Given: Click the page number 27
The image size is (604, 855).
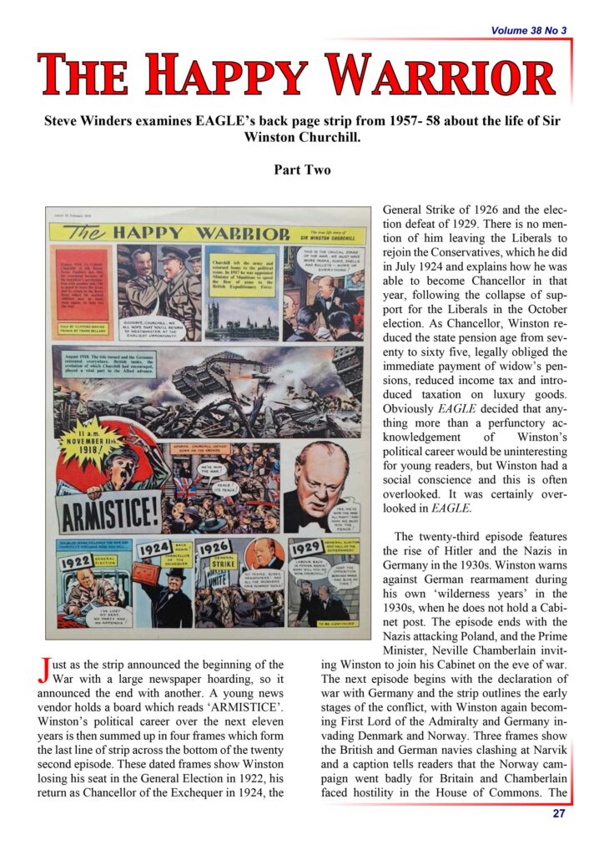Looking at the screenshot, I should tap(559, 814).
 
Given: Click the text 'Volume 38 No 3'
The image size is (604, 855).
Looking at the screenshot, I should tap(528, 31).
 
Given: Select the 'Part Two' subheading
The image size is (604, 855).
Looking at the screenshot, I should tap(301, 169).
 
